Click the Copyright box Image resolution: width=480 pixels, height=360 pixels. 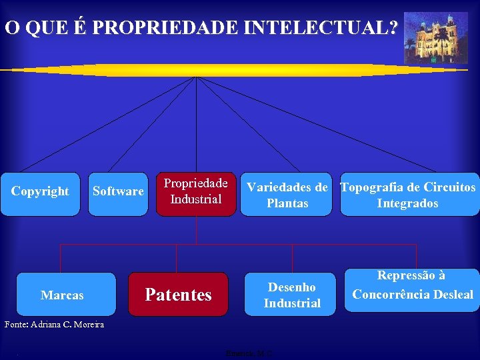tap(40, 194)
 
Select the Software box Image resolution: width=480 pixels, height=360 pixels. tap(118, 194)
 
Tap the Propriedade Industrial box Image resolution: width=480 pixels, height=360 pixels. tap(196, 194)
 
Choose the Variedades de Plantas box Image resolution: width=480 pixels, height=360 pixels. tap(287, 195)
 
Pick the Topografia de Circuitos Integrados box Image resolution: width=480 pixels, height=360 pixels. tap(408, 195)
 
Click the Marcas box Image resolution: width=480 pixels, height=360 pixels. tap(62, 293)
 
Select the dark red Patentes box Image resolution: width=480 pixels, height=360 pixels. tap(179, 293)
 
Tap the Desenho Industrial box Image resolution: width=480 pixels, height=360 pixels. tap(291, 293)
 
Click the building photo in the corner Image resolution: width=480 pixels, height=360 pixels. tap(431, 37)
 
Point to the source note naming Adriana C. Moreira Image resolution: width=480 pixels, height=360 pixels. tap(54, 325)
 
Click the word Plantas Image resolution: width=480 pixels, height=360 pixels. tap(287, 203)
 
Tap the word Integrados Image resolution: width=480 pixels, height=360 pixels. tap(407, 203)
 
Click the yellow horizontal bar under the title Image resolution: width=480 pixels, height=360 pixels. tap(200, 70)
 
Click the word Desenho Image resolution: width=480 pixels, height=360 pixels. tap(291, 287)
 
